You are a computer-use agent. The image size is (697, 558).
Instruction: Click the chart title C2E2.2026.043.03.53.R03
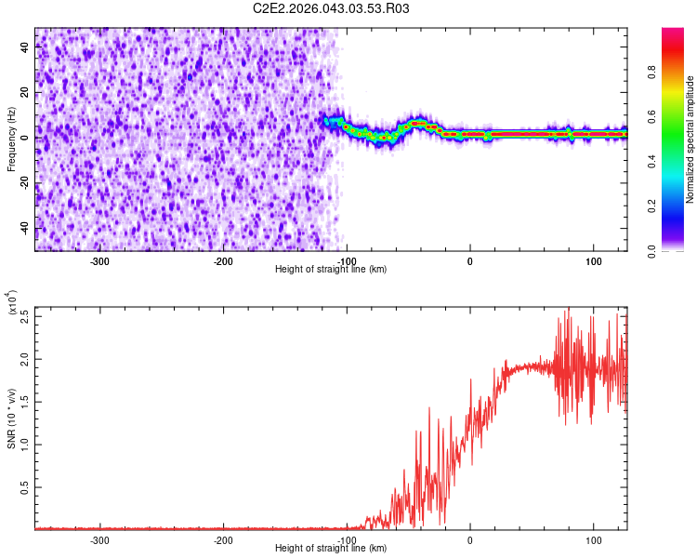tap(332, 8)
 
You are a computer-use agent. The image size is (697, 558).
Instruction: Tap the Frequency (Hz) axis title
tap(11, 139)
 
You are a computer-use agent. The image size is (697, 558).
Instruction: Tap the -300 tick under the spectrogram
tap(99, 261)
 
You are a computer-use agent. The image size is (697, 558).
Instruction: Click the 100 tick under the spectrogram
tap(593, 261)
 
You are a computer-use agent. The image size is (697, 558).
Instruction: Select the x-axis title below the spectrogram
tap(331, 270)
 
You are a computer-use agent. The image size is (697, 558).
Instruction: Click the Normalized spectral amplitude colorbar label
tap(690, 139)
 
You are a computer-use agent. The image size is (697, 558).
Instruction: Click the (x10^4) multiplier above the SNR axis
tap(13, 302)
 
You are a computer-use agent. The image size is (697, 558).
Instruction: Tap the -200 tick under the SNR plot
tap(223, 540)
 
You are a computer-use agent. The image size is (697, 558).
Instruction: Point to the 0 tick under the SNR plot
tap(469, 540)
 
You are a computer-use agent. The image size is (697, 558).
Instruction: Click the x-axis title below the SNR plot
tap(331, 549)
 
